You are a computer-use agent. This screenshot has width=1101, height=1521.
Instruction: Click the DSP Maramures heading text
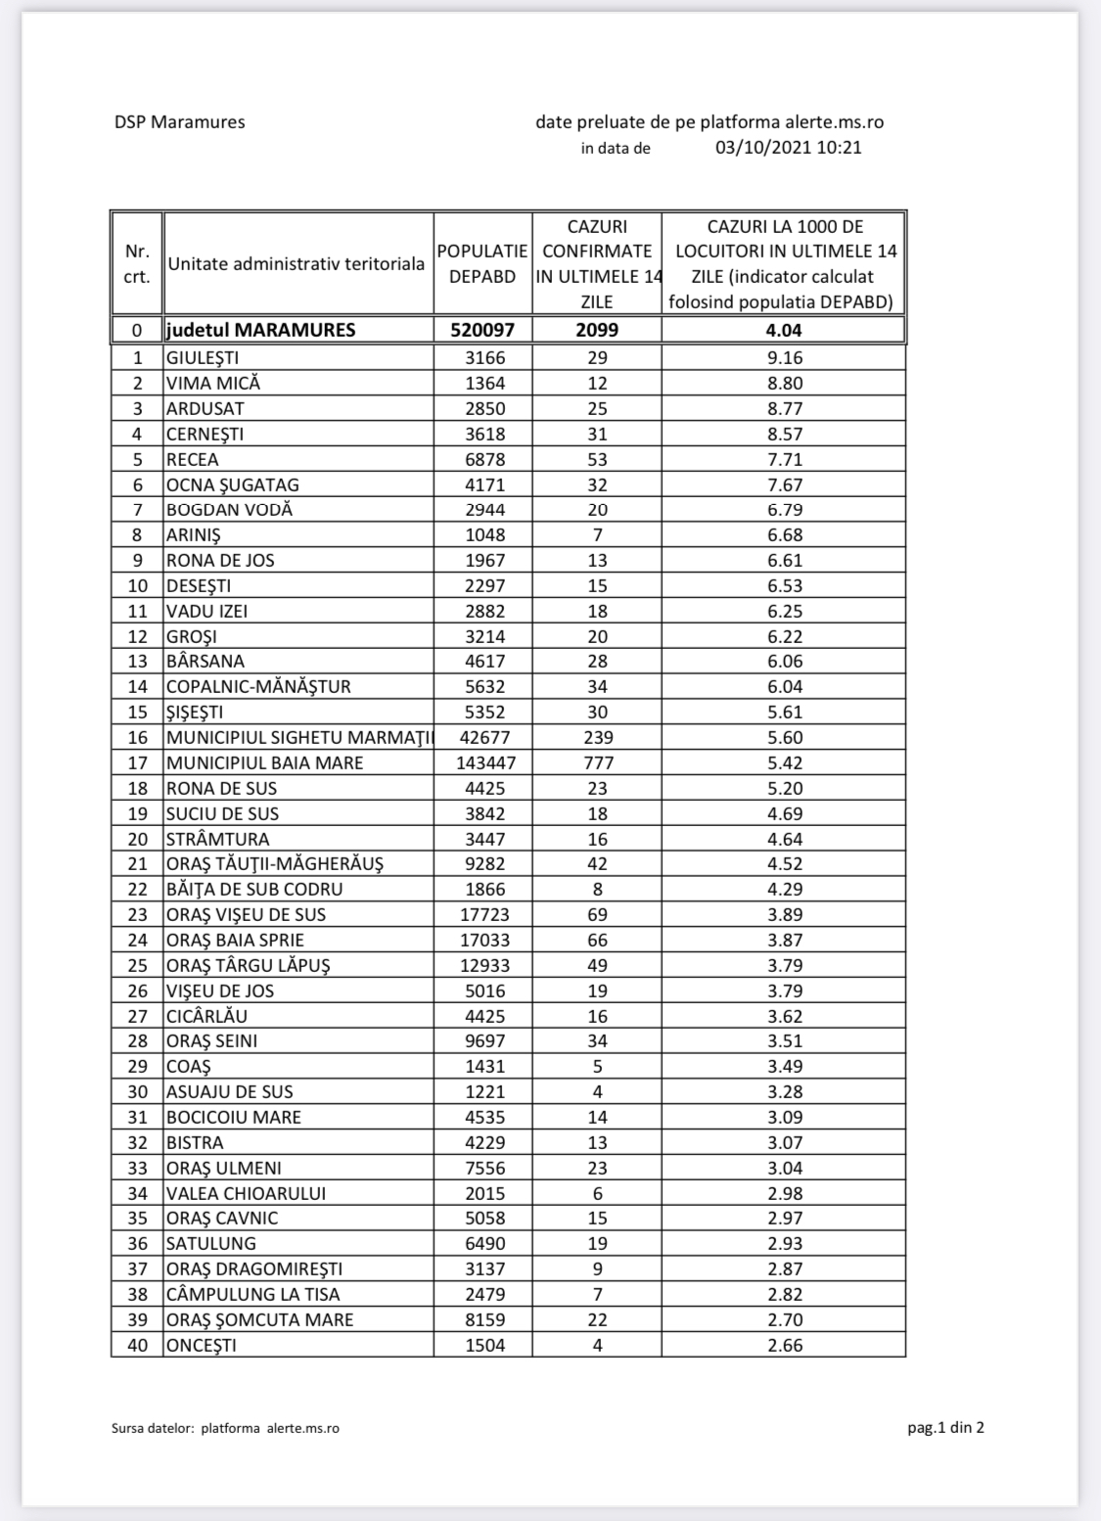click(x=179, y=122)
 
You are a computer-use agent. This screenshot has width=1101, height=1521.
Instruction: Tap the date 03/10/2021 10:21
click(x=788, y=148)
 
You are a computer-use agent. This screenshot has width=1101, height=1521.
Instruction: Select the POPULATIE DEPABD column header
click(x=482, y=264)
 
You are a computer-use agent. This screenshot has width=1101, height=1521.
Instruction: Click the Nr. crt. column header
click(x=137, y=264)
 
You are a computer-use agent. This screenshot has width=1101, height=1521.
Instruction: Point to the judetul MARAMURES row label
click(x=260, y=330)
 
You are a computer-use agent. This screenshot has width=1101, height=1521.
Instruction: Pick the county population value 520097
click(x=482, y=330)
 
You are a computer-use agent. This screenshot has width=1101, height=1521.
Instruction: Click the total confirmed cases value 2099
click(x=597, y=330)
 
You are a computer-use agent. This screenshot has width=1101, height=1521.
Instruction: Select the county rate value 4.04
click(x=784, y=330)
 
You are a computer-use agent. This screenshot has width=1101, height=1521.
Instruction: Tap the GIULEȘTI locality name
click(x=203, y=358)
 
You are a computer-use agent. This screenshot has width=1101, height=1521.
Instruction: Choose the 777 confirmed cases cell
click(x=597, y=762)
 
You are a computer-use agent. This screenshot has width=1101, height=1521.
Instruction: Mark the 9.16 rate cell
click(x=785, y=358)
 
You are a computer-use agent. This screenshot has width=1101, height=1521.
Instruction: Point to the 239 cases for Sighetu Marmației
click(x=597, y=737)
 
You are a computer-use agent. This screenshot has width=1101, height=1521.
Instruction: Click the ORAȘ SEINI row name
click(x=212, y=1040)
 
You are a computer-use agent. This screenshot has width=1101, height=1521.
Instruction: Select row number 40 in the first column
click(x=138, y=1345)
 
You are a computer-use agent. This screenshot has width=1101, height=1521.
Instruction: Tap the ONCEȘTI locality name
click(x=202, y=1345)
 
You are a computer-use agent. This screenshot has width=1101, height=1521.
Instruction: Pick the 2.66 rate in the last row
click(x=785, y=1345)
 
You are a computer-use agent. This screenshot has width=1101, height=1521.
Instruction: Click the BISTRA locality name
click(x=195, y=1142)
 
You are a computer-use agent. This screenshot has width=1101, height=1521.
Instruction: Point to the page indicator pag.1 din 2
click(x=945, y=1427)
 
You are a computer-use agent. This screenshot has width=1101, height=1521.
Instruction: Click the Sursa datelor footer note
click(x=225, y=1428)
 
